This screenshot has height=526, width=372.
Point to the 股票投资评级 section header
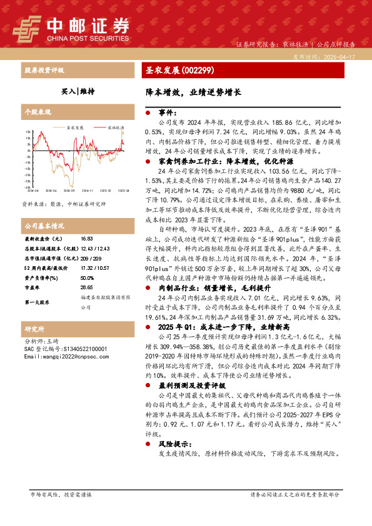[x=44, y=71]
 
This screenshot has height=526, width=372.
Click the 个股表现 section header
[x=37, y=112]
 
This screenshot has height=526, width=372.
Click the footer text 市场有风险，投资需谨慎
[x=61, y=494]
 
